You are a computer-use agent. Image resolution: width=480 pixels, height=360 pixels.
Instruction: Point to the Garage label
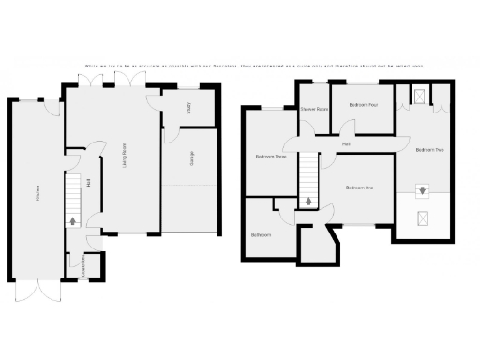click(x=193, y=159)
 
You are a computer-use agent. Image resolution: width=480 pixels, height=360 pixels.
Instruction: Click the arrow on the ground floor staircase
click(x=73, y=221)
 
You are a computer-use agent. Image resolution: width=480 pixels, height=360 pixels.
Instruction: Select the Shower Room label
click(x=314, y=110)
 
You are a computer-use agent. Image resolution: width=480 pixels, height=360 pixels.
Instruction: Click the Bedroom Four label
click(x=364, y=105)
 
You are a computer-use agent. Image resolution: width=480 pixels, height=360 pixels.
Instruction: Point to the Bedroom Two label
click(x=430, y=150)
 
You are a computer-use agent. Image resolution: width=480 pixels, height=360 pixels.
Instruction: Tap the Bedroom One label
click(x=359, y=188)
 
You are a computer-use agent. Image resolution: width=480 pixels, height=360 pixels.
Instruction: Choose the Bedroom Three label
click(x=271, y=157)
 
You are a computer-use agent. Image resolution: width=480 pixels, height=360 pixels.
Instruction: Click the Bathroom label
click(x=262, y=234)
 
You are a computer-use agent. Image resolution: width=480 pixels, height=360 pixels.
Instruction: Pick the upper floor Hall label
click(x=347, y=143)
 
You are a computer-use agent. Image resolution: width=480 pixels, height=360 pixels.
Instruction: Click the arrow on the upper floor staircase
click(x=308, y=201)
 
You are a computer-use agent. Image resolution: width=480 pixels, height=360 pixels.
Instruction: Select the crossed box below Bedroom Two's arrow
click(x=424, y=218)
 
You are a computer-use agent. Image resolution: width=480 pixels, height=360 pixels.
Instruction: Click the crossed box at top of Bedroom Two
click(x=418, y=94)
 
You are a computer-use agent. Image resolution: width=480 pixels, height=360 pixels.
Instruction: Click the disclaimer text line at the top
click(x=253, y=66)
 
